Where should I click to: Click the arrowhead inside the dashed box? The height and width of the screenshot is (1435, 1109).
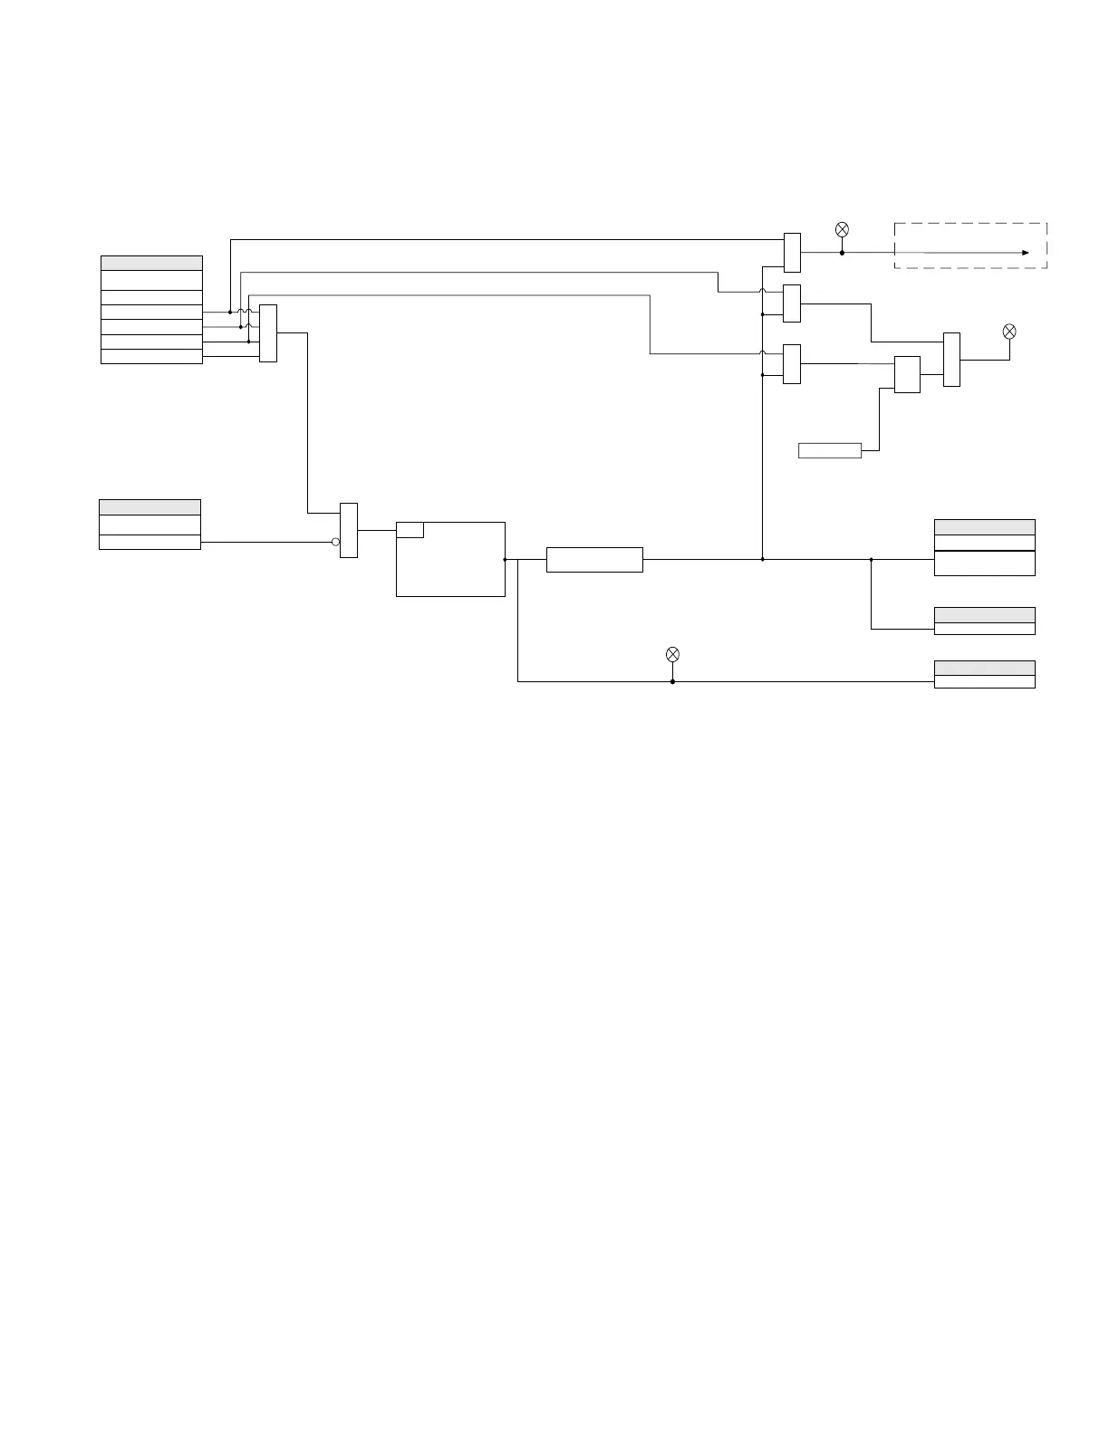pos(1026,253)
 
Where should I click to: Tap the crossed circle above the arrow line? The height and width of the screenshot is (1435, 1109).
pos(842,229)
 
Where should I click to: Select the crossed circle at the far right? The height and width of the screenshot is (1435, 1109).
pos(1009,332)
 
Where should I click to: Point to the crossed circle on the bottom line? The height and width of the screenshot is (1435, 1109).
pos(672,654)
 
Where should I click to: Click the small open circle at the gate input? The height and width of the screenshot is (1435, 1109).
pos(335,542)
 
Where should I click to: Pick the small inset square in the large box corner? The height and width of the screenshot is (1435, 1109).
pos(410,530)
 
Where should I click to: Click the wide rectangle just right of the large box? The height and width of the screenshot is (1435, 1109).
pos(594,560)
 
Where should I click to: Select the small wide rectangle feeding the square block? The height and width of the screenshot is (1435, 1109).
pos(829,450)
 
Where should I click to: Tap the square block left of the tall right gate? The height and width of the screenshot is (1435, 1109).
pos(907,374)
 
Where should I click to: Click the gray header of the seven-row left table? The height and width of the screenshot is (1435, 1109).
pos(151,263)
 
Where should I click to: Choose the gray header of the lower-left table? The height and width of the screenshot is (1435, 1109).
pos(149,507)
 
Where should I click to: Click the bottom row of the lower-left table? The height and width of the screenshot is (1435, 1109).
pos(149,542)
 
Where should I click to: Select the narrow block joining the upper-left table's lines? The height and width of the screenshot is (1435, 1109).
pos(268,333)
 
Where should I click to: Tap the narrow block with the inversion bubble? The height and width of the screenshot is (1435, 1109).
pos(349,530)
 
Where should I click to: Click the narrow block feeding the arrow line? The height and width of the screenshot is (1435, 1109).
pos(792,252)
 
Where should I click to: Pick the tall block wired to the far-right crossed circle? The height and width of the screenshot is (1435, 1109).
pos(951,360)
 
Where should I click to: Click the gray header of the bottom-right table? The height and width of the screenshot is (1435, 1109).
pos(984,668)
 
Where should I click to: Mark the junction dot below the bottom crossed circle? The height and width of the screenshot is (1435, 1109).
pos(672,681)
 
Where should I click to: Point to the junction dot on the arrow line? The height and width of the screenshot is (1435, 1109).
pos(842,253)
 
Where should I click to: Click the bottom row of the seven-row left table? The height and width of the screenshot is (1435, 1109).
pos(151,356)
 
